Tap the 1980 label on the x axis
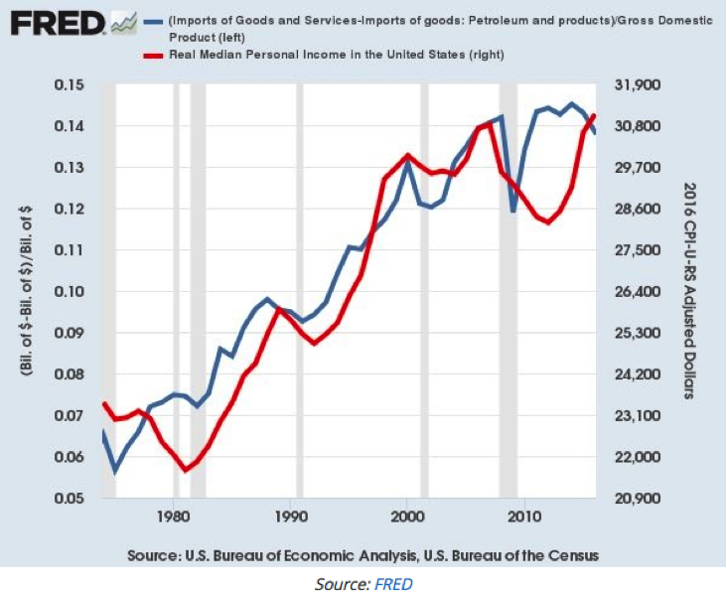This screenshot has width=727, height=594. [174, 518]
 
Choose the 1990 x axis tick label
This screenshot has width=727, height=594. [290, 518]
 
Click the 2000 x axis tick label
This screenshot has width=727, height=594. [407, 518]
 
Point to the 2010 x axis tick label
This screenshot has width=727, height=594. [523, 518]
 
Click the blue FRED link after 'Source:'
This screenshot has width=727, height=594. [393, 583]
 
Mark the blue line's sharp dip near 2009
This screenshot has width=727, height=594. [513, 212]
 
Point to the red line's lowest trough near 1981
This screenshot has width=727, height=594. [186, 469]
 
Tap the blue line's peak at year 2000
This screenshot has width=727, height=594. [407, 162]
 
